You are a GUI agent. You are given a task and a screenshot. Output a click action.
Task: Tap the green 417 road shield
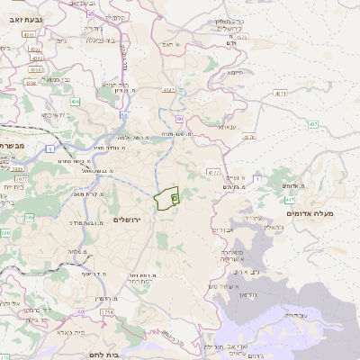[x=289, y=200]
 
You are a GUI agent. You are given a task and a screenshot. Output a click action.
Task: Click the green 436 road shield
[x=75, y=102]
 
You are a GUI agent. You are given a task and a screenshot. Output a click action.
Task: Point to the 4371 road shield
[x=282, y=93]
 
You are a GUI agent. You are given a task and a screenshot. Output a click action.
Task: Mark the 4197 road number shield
[x=168, y=90]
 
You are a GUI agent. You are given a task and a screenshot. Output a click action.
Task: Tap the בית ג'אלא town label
[x=61, y=331]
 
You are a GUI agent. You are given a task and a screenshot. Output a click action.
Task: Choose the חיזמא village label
[x=237, y=72]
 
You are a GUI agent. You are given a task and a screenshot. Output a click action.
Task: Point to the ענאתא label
[x=227, y=127]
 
